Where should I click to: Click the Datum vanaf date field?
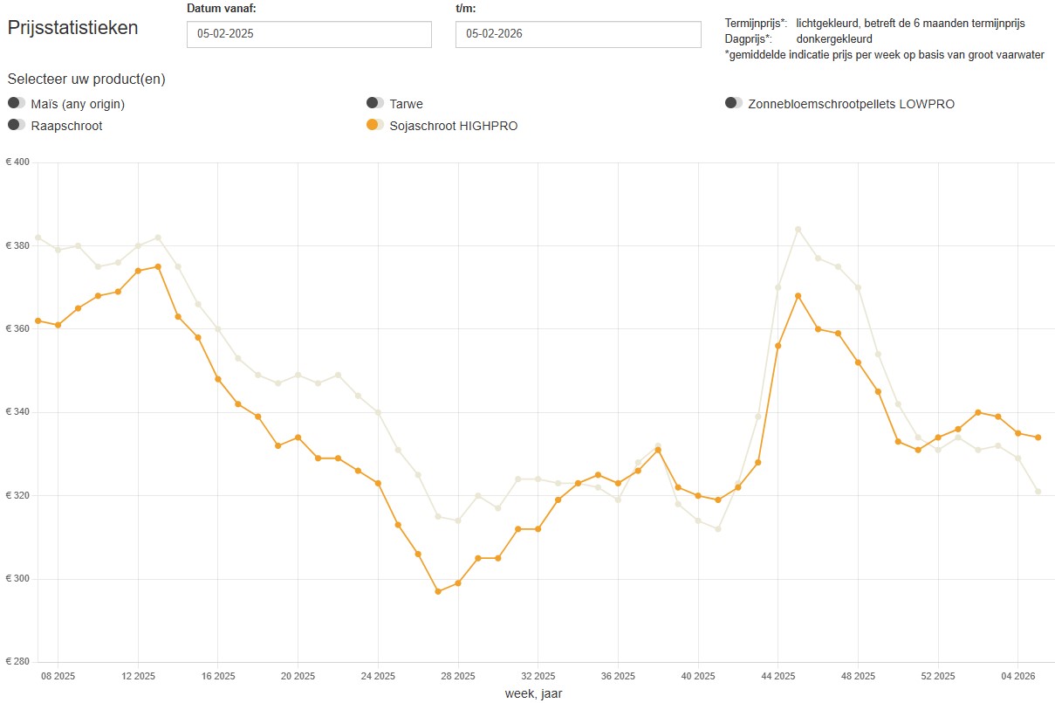tap(309, 34)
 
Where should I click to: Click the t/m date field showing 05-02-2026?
tap(578, 34)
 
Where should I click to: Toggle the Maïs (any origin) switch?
tap(17, 104)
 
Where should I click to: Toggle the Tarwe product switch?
tap(375, 104)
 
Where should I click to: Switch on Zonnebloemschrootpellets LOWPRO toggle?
tap(734, 104)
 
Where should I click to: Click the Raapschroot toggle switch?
tap(17, 125)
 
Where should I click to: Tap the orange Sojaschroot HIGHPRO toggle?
tap(375, 125)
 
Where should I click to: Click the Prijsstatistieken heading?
tap(73, 27)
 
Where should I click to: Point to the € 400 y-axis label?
tap(17, 162)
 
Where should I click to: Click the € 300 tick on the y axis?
tap(17, 579)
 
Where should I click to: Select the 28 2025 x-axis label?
tap(457, 676)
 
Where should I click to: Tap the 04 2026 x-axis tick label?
tap(1017, 676)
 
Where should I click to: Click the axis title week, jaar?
tap(539, 693)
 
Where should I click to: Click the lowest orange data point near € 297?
tap(438, 591)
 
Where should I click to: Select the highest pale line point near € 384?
tap(798, 230)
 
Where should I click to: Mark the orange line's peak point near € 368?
tap(798, 296)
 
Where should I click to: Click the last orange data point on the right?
tap(1038, 438)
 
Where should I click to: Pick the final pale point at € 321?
tap(1038, 492)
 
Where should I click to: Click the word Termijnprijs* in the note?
tap(756, 23)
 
